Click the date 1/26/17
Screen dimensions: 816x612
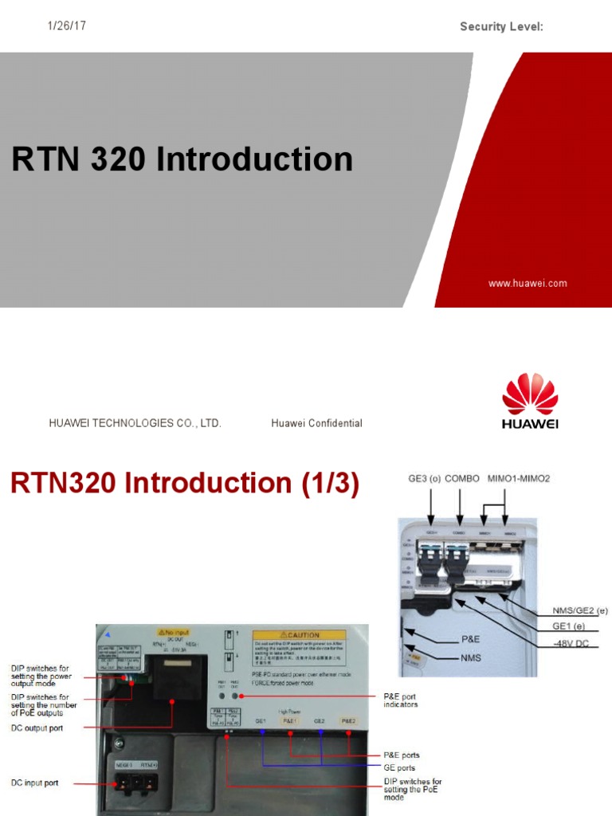tap(67, 26)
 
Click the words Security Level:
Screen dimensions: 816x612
tap(501, 27)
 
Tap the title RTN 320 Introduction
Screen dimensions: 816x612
tap(182, 159)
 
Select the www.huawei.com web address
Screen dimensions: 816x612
tap(527, 283)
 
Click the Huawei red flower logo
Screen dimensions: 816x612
tap(530, 394)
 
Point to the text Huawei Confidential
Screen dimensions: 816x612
tap(316, 423)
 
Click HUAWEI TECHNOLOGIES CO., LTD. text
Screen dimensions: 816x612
tap(135, 423)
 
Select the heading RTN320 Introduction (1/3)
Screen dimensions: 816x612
tap(184, 484)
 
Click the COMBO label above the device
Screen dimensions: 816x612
tap(462, 479)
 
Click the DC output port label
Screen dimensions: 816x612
tap(37, 728)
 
